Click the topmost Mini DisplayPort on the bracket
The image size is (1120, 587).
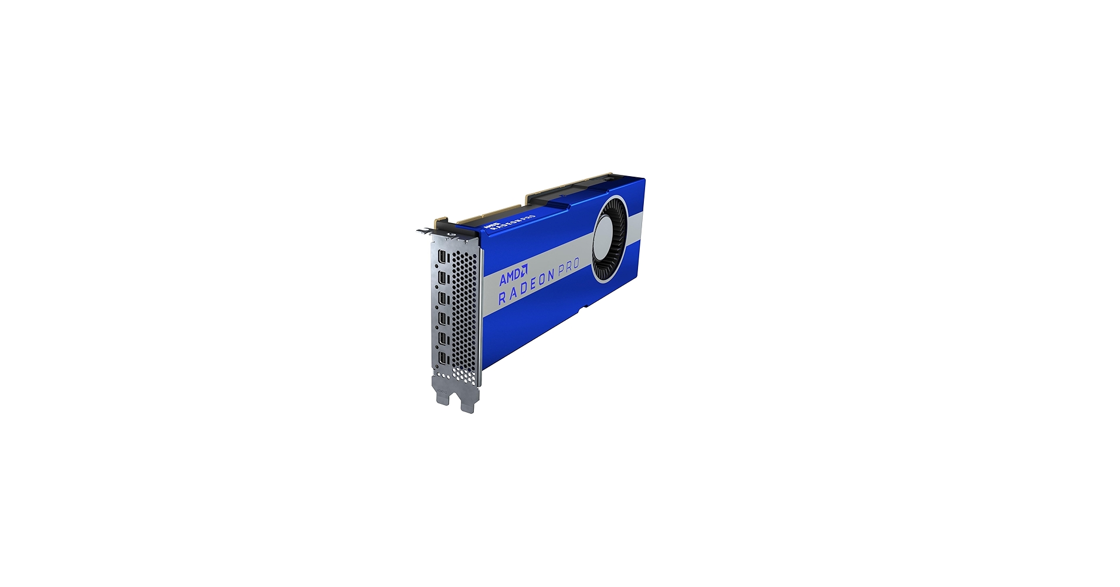coord(442,258)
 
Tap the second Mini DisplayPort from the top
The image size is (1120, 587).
coord(442,278)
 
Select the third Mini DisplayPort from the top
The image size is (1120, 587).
coord(443,299)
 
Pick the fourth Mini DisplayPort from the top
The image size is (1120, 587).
coord(443,319)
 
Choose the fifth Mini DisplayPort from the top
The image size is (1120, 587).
coord(443,340)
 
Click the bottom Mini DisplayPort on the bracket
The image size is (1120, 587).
coord(443,360)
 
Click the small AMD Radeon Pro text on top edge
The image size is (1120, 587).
coord(509,220)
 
